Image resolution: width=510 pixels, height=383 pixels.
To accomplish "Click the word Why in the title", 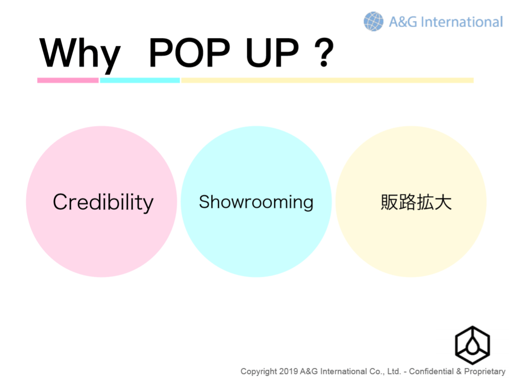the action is point(80,54).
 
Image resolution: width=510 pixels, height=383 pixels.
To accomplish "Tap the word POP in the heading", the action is point(189,52).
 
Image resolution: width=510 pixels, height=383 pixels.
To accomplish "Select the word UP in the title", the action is point(272,52).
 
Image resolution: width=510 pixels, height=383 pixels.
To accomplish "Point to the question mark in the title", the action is point(324,52).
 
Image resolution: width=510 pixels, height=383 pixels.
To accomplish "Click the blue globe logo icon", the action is point(373,21).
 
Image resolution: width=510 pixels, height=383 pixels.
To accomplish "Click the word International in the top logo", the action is point(462,22).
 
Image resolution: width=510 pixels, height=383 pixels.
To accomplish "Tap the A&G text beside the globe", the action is point(403,22).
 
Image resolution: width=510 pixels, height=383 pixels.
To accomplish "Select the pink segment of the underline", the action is point(68,81).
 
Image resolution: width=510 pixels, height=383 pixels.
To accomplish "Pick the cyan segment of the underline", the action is point(140,81).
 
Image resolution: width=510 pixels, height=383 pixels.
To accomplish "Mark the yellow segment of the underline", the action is point(327,81).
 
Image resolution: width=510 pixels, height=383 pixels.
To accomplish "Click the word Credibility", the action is point(103,202).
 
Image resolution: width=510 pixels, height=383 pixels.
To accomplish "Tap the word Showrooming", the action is point(256,202).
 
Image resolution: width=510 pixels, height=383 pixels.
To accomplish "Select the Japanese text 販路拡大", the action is point(416,202).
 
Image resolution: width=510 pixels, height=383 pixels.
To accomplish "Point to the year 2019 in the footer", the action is point(289,371).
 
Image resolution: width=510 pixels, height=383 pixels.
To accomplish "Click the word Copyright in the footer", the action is point(258,372).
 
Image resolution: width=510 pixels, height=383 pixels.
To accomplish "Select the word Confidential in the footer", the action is point(431,371).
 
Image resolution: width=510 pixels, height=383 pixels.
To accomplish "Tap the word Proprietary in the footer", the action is point(485,372).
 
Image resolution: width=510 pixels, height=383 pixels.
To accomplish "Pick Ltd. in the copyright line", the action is point(394,371).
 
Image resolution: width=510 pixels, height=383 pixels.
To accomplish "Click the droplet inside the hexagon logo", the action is point(472,346).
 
